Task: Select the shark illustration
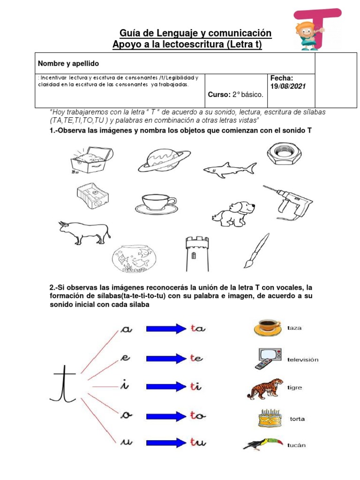pyautogui.click(x=230, y=170)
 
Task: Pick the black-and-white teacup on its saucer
pyautogui.click(x=156, y=204)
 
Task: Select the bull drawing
pyautogui.click(x=84, y=232)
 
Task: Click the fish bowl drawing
pyautogui.click(x=134, y=258)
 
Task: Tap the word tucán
pyautogui.click(x=296, y=445)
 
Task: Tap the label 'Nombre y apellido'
pyautogui.click(x=68, y=63)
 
